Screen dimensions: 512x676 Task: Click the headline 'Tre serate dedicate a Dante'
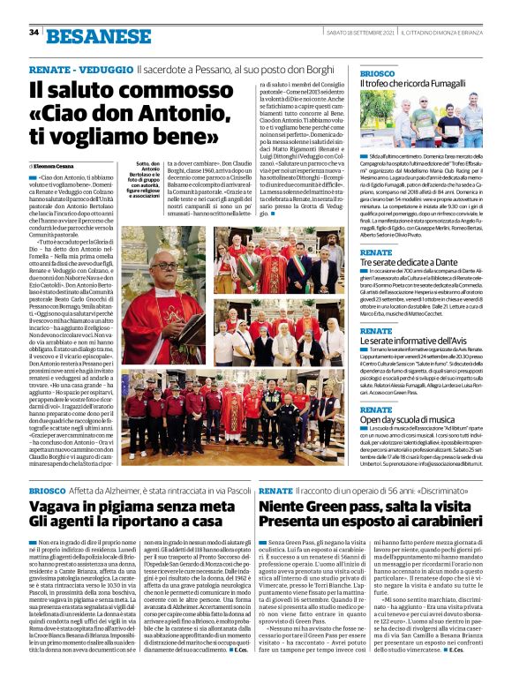coord(408,264)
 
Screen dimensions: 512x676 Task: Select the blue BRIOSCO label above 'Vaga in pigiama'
coord(48,490)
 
